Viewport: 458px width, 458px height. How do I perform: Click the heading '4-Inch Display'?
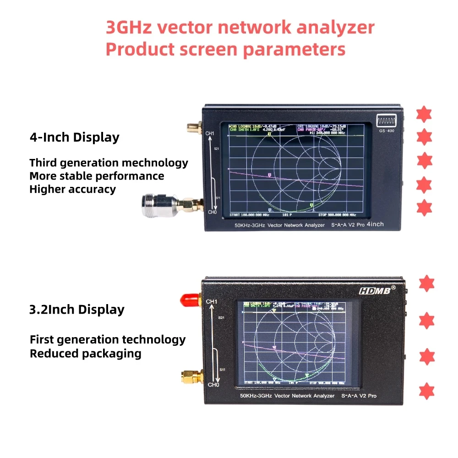pyautogui.click(x=74, y=137)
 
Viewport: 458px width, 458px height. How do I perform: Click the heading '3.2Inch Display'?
pyautogui.click(x=76, y=310)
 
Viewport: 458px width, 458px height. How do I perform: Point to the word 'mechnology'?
pyautogui.click(x=156, y=163)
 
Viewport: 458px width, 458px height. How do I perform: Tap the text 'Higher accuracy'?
pyautogui.click(x=72, y=189)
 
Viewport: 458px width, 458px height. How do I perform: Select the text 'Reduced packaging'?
pyautogui.click(x=85, y=354)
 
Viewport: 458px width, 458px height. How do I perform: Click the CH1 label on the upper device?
pyautogui.click(x=210, y=134)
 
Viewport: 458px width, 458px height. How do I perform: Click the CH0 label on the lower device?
pyautogui.click(x=213, y=385)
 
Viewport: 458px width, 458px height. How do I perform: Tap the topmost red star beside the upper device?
pyautogui.click(x=424, y=114)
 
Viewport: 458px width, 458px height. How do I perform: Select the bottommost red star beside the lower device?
pyautogui.click(x=426, y=391)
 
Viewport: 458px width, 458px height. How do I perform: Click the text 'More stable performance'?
pyautogui.click(x=97, y=176)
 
